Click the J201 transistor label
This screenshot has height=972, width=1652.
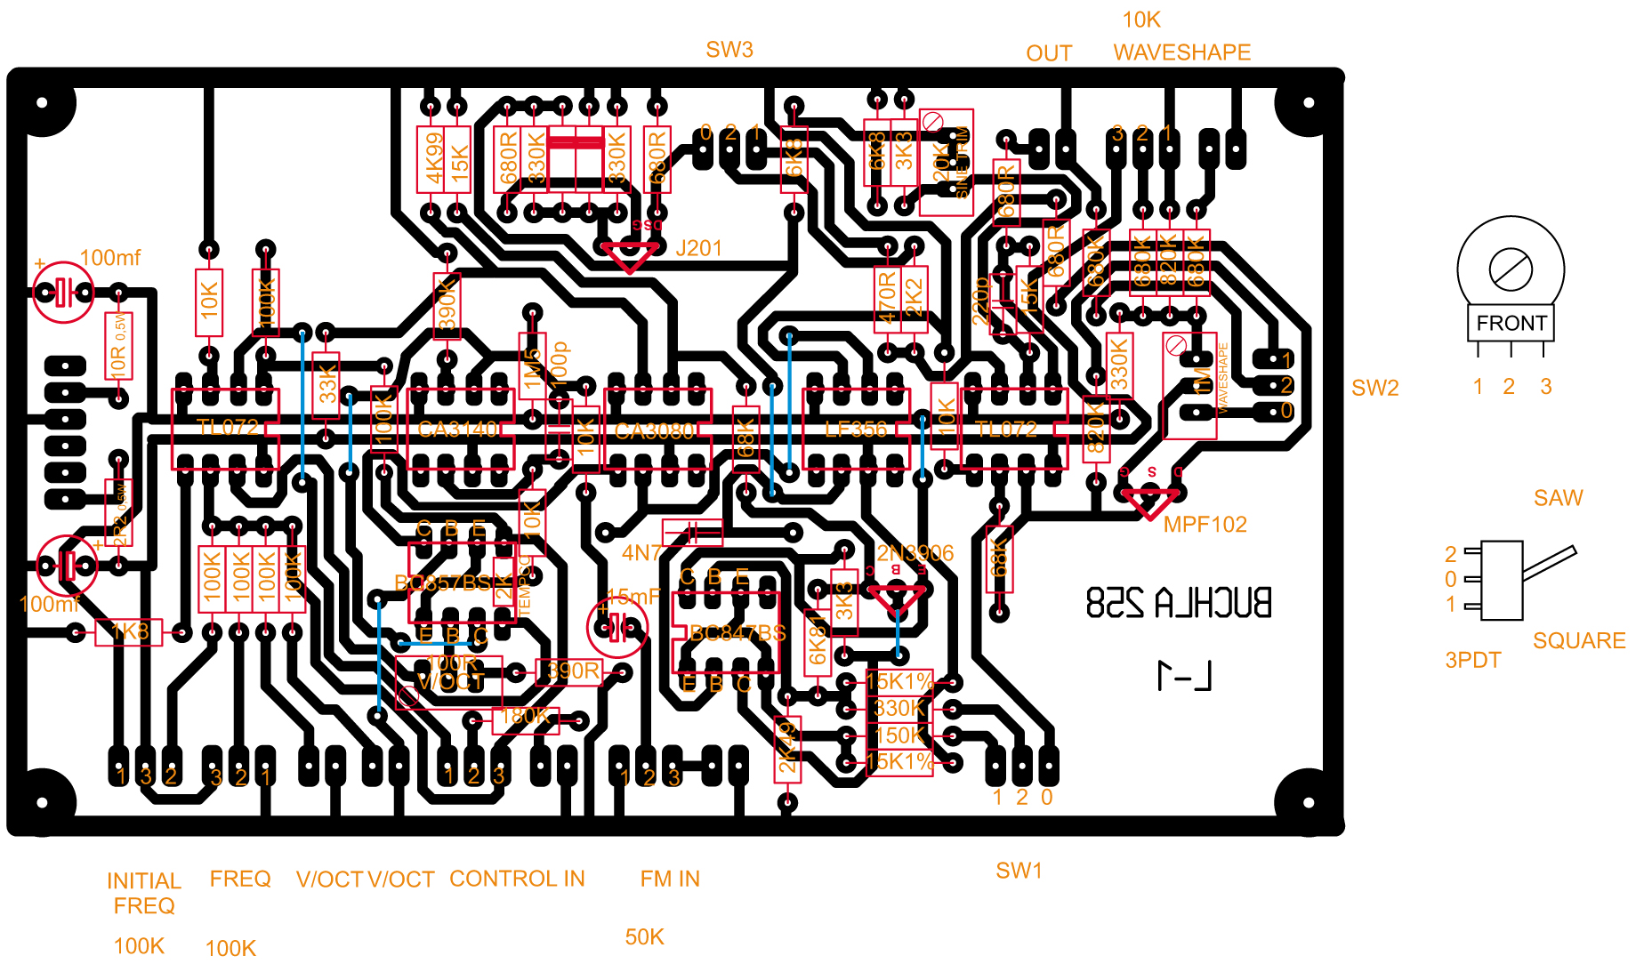(698, 248)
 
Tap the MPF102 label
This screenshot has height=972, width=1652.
(1205, 525)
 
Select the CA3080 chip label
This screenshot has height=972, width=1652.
(654, 431)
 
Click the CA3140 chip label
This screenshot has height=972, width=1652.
(457, 430)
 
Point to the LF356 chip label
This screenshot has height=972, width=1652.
(855, 430)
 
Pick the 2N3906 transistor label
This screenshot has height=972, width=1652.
(915, 553)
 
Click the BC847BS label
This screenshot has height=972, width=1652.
(737, 633)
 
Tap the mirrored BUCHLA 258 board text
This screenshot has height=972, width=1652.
(1179, 603)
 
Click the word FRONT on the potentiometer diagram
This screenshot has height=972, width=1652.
(1511, 323)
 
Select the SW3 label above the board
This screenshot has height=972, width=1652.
(729, 50)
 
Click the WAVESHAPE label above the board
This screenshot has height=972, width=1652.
(1181, 52)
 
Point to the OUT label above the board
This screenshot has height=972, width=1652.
(1049, 53)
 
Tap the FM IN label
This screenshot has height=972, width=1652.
(670, 879)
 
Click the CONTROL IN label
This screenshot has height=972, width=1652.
(517, 879)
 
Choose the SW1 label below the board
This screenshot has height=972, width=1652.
(1019, 871)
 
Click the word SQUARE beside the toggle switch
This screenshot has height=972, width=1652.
(1579, 640)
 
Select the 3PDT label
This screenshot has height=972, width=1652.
(1472, 660)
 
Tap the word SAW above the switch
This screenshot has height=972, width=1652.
(1558, 498)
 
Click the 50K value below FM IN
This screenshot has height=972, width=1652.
(644, 936)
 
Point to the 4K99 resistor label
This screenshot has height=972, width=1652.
(433, 158)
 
